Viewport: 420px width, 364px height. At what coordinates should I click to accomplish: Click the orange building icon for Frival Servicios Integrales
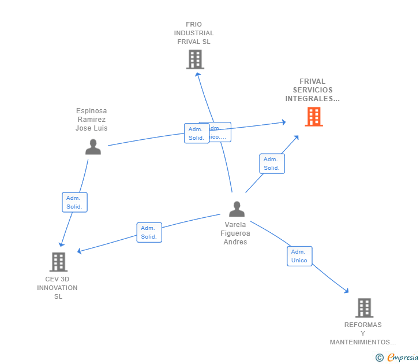pyautogui.click(x=314, y=117)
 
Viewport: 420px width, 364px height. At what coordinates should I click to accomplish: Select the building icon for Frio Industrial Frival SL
pyautogui.click(x=195, y=60)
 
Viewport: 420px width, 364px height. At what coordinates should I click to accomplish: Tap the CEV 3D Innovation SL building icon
pyautogui.click(x=58, y=262)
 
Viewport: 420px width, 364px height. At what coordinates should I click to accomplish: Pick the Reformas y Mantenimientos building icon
pyautogui.click(x=364, y=308)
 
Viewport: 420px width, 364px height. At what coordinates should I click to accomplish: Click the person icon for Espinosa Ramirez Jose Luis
pyautogui.click(x=93, y=147)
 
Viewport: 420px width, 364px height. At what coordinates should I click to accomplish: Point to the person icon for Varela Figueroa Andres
pyautogui.click(x=237, y=209)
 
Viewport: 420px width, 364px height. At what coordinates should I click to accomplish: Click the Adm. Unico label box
pyautogui.click(x=299, y=256)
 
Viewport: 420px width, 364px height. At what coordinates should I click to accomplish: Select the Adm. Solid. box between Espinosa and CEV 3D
pyautogui.click(x=74, y=202)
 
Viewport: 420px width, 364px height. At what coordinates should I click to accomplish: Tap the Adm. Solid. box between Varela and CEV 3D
pyautogui.click(x=149, y=232)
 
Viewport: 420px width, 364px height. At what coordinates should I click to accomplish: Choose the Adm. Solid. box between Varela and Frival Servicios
pyautogui.click(x=272, y=164)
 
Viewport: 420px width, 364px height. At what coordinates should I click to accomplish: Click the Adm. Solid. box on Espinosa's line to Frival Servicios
pyautogui.click(x=196, y=133)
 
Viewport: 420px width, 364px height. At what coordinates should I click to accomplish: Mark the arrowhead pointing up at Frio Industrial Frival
pyautogui.click(x=197, y=73)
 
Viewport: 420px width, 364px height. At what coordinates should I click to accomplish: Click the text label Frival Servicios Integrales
pyautogui.click(x=313, y=90)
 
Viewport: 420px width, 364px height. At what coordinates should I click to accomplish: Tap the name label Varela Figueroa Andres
pyautogui.click(x=235, y=233)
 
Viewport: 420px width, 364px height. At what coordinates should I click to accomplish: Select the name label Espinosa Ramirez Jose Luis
pyautogui.click(x=92, y=120)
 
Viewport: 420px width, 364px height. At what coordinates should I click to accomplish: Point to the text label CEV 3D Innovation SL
pyautogui.click(x=58, y=288)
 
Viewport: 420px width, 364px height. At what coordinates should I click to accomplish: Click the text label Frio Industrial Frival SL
pyautogui.click(x=194, y=33)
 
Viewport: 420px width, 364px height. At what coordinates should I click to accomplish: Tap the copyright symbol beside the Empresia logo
pyautogui.click(x=380, y=358)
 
